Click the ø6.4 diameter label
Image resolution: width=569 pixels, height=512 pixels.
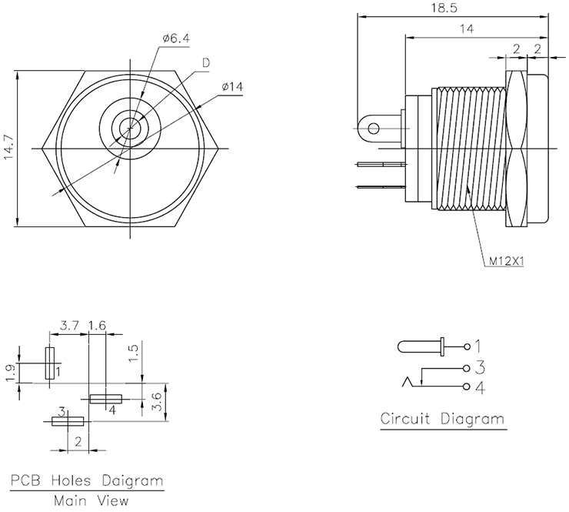(175, 39)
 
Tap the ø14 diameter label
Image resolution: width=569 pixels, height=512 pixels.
(231, 87)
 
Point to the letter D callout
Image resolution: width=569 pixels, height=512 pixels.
(206, 62)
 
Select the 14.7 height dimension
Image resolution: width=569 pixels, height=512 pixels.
(8, 149)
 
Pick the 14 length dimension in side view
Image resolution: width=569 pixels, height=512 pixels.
(466, 28)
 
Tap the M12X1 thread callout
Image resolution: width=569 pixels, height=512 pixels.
(506, 260)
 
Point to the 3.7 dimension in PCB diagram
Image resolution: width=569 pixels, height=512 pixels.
(69, 326)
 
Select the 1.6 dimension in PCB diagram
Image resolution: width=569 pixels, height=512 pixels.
(97, 326)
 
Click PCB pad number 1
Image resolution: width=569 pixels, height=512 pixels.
(50, 363)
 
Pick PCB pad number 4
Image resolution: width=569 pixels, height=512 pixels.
(105, 399)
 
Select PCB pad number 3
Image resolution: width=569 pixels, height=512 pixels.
(68, 421)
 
